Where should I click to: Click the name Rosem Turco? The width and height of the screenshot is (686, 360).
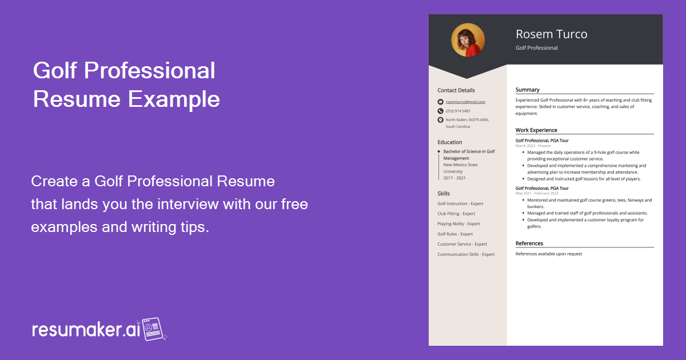click(x=551, y=34)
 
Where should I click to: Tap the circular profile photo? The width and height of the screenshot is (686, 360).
click(x=468, y=40)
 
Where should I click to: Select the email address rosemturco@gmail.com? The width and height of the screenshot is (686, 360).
click(x=465, y=102)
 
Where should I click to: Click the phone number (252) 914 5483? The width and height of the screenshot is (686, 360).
click(x=458, y=111)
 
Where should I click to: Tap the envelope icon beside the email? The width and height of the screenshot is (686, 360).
click(x=440, y=102)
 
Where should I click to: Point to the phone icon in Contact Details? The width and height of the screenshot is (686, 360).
click(x=440, y=111)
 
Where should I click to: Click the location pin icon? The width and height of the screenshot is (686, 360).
click(x=440, y=120)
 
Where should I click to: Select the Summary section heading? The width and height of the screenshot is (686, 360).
click(x=527, y=90)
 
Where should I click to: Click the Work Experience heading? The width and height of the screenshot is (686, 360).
click(x=536, y=130)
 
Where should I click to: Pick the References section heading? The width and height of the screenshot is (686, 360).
click(x=529, y=243)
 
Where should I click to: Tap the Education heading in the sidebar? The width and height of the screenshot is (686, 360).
click(x=450, y=142)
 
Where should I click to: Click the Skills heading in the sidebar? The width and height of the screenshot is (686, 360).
click(x=444, y=194)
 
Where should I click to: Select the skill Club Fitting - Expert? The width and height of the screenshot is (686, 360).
click(x=456, y=214)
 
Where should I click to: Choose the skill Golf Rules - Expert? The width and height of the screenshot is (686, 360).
click(x=455, y=234)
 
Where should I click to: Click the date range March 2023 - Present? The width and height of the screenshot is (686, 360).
click(x=533, y=146)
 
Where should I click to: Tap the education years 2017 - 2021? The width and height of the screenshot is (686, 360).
click(x=454, y=178)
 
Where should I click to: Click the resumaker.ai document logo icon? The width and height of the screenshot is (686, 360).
click(x=153, y=329)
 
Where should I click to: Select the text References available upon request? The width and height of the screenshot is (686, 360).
click(x=548, y=254)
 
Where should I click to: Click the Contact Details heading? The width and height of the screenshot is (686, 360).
click(x=456, y=90)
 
